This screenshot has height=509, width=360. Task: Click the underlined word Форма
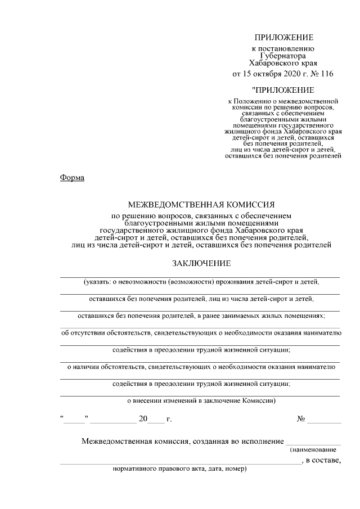(71, 178)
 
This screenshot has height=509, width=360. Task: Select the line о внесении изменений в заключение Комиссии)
(200, 401)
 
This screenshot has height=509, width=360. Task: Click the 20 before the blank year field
(143, 419)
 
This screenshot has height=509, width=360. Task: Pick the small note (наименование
(313, 450)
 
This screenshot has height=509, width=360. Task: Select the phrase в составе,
(323, 461)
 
